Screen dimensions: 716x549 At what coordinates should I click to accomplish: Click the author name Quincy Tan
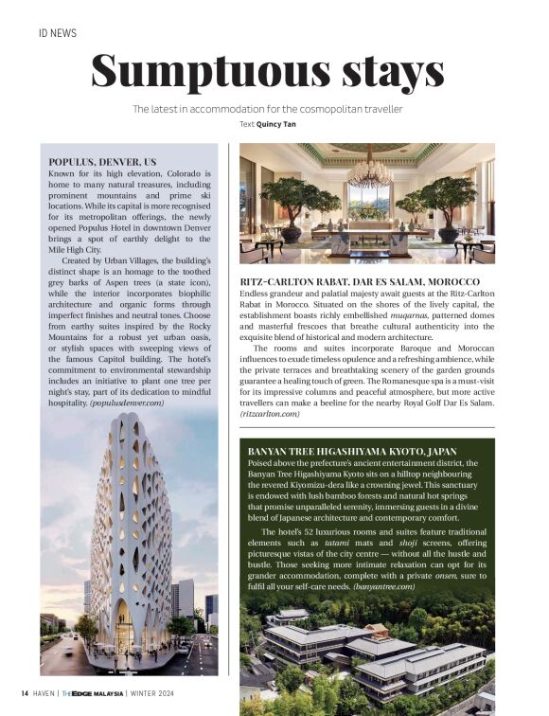(286, 124)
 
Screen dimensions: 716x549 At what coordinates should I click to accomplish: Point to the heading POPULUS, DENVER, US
(102, 162)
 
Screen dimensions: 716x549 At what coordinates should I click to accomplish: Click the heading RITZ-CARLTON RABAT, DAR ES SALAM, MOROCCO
(360, 283)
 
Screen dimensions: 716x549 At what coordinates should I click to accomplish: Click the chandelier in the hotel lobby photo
(370, 171)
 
